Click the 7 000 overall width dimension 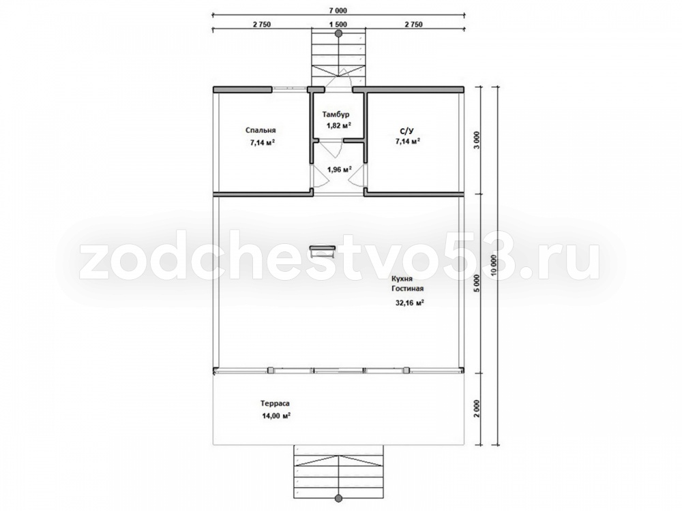[x=339, y=11]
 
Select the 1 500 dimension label [x=339, y=25]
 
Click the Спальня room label [x=261, y=130]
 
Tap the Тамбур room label [x=336, y=114]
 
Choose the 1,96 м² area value [x=339, y=169]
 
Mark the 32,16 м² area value [x=409, y=303]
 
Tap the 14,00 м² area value [x=276, y=416]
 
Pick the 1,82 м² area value [x=339, y=125]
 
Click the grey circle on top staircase [x=339, y=33]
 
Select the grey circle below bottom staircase [x=339, y=498]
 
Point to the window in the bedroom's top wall [x=290, y=89]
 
